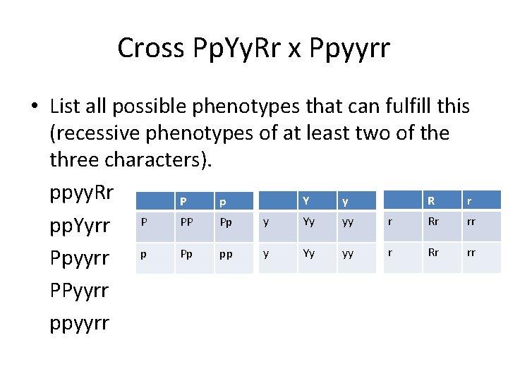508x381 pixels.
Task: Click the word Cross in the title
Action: pos(148,48)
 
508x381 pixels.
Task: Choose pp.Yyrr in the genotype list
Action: pos(80,225)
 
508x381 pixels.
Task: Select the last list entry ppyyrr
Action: pos(80,323)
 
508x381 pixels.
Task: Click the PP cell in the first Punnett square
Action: pos(187,222)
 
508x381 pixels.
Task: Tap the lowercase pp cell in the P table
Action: pos(226,254)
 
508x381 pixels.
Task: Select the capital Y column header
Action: pos(306,200)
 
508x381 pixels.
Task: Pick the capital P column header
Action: pos(183,200)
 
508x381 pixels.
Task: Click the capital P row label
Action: pos(144,222)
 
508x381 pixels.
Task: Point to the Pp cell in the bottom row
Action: pos(187,254)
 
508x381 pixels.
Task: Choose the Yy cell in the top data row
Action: pos(309,222)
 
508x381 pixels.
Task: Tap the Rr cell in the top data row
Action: pos(433,222)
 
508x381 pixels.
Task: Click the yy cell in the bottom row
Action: pos(348,254)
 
